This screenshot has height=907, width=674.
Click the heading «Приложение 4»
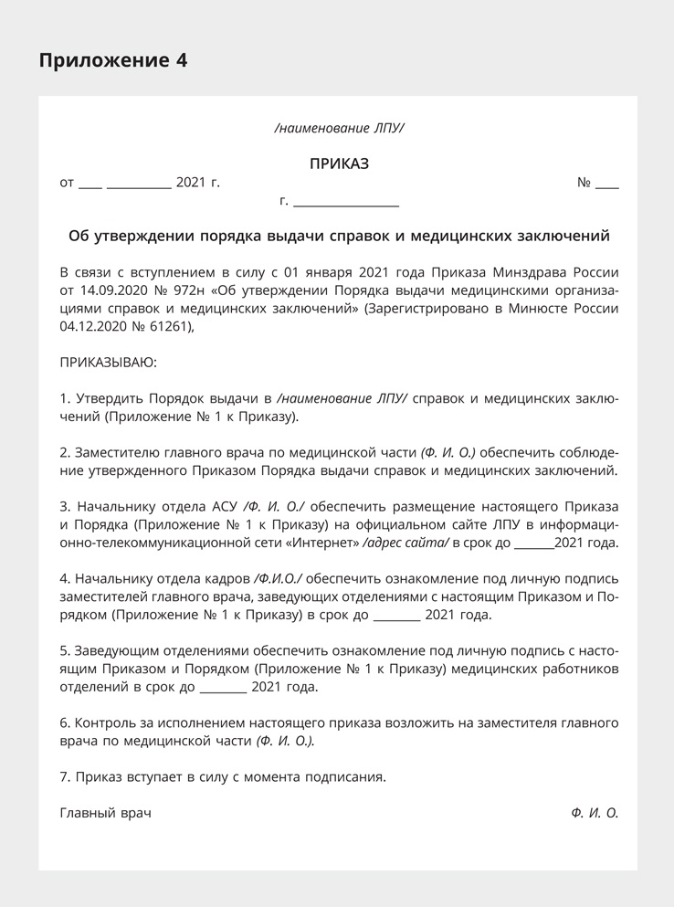click(113, 61)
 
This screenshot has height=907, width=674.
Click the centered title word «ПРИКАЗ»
click(339, 164)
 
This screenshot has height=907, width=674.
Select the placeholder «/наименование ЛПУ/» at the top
click(339, 129)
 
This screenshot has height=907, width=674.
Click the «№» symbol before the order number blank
click(584, 183)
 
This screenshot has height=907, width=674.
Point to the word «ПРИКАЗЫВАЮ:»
click(109, 363)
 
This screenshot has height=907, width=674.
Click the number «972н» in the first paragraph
click(184, 290)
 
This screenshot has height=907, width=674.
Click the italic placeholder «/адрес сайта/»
click(405, 543)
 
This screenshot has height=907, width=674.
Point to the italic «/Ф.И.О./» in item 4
click(279, 578)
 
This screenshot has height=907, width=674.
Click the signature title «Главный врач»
click(105, 813)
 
